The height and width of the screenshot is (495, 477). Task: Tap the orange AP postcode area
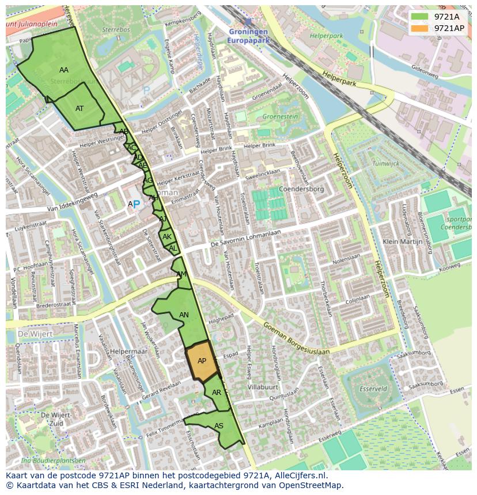(202, 361)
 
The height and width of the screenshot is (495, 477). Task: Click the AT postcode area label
(79, 109)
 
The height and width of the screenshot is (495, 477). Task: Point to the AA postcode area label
(64, 70)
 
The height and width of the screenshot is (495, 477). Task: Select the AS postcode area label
(219, 426)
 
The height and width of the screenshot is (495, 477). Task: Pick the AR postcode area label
(217, 393)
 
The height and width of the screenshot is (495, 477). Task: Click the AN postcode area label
(184, 315)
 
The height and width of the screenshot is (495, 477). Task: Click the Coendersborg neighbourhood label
(301, 189)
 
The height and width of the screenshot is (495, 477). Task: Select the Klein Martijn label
(403, 242)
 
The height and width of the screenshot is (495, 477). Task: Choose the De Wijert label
(35, 333)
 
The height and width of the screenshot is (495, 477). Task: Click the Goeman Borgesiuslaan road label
(296, 339)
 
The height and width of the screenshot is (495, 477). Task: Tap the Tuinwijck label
(385, 163)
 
